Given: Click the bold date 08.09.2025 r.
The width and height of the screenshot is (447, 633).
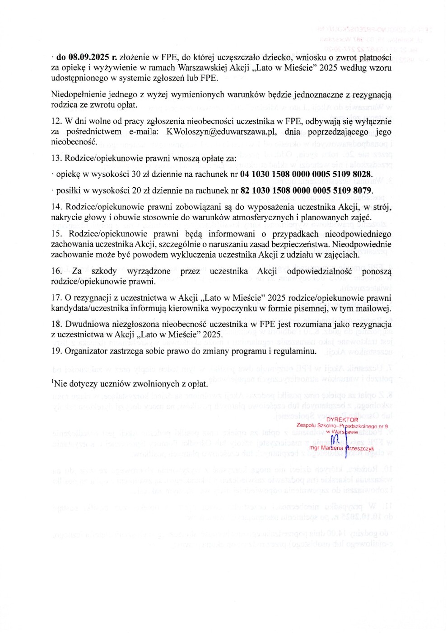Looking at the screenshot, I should tap(86, 57).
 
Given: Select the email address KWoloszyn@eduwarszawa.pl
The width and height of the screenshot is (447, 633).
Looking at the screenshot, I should tap(221, 132).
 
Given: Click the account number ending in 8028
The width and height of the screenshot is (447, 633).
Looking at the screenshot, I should tap(306, 175).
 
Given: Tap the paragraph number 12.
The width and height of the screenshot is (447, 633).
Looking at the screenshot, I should tap(56, 122).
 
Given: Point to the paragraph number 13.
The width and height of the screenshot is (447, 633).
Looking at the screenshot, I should tap(56, 158).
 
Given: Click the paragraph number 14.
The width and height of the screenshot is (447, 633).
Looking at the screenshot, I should tap(56, 207).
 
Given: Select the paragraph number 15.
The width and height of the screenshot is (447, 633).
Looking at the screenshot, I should tap(56, 234).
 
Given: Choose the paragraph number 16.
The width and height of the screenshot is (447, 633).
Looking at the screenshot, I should tap(56, 271).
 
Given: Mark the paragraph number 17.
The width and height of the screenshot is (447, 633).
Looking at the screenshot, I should tap(56, 298).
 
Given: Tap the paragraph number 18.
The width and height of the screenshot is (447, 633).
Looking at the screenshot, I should tap(56, 325).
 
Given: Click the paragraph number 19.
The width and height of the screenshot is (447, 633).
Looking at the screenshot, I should tap(56, 351).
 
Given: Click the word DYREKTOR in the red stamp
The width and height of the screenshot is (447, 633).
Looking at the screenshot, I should tap(342, 420).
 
